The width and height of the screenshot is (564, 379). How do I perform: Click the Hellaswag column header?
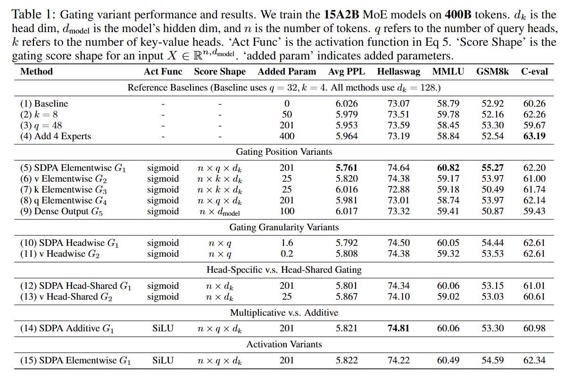click(x=396, y=72)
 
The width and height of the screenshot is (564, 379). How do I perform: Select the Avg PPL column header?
click(x=346, y=72)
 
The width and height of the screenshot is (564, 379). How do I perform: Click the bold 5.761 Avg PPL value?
click(x=347, y=168)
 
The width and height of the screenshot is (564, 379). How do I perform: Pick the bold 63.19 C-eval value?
click(x=534, y=136)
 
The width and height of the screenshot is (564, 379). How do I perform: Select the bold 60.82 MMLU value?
click(x=448, y=168)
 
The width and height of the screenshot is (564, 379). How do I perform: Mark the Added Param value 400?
click(x=287, y=136)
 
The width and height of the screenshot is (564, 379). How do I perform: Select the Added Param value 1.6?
click(x=287, y=243)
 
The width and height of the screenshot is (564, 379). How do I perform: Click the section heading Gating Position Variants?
click(x=284, y=152)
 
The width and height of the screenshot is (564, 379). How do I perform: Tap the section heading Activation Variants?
click(x=284, y=345)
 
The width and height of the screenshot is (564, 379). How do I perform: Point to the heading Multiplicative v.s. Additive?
click(x=284, y=313)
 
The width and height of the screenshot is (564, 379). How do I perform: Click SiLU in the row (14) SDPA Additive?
click(x=163, y=328)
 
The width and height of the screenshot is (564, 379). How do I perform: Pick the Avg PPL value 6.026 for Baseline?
click(x=347, y=104)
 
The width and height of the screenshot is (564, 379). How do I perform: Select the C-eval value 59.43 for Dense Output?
click(x=534, y=211)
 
